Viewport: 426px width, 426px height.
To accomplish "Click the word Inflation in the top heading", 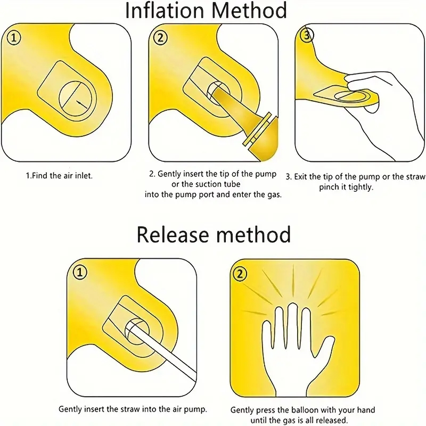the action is [165, 10].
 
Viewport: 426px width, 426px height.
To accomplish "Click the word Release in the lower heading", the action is [173, 234].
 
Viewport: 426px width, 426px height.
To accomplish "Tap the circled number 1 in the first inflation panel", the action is [14, 38].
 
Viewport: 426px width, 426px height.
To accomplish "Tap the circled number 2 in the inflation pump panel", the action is [161, 38].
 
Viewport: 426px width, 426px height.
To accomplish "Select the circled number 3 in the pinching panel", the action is [307, 35].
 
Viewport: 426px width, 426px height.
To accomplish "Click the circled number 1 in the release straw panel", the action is [80, 272].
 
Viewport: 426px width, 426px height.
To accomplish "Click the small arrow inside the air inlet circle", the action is [81, 103].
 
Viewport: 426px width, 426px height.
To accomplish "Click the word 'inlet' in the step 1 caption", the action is [84, 176].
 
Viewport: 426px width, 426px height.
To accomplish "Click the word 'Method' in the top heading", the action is [249, 10].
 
